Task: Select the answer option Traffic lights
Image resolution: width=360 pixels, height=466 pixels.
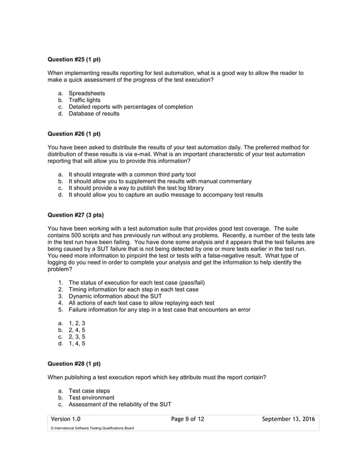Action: (x=84, y=100)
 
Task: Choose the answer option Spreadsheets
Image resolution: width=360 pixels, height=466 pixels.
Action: (x=86, y=93)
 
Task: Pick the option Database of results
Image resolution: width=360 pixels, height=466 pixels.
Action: (x=94, y=113)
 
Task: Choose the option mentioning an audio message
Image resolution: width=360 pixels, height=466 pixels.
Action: (x=165, y=195)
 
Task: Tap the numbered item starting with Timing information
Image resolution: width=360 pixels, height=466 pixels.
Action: (x=133, y=289)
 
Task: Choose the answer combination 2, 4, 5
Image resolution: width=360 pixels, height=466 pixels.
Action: (x=77, y=330)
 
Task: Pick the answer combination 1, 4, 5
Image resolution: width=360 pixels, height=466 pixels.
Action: (x=77, y=344)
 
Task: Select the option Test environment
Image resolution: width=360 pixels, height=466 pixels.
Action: (x=91, y=398)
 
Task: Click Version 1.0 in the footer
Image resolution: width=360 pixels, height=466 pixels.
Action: (x=65, y=419)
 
